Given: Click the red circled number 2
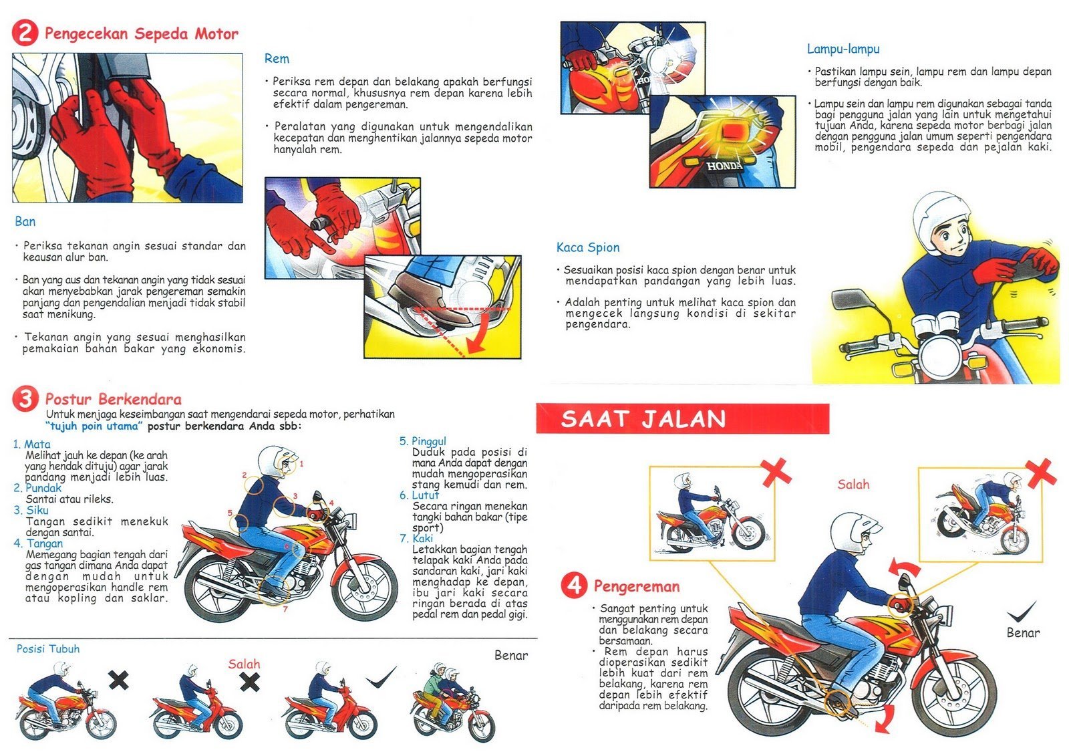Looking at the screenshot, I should (25, 33).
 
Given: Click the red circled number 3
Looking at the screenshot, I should (25, 399).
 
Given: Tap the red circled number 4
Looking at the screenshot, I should (574, 586).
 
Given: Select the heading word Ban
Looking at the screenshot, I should (25, 221).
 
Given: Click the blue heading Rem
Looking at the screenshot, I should (277, 59).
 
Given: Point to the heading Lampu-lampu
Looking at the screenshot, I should (843, 49).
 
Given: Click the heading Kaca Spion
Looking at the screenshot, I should (587, 247).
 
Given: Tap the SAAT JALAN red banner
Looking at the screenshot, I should (681, 419).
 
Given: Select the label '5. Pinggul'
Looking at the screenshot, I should (422, 441).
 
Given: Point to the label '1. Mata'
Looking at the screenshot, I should (31, 444).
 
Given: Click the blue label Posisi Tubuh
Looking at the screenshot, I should (48, 648).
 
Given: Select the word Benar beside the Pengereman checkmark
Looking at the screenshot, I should (1023, 632).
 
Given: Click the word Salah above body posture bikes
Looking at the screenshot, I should (244, 664).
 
